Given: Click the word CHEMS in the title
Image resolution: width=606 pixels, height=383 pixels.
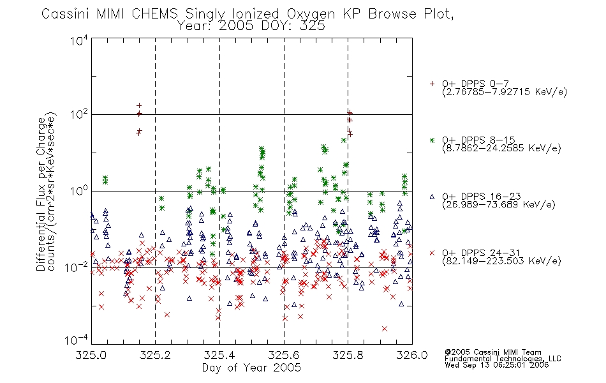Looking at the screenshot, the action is (x=154, y=13).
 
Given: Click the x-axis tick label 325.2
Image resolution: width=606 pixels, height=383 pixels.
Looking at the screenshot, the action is (x=156, y=355).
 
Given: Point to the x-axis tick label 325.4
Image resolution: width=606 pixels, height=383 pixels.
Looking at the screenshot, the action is (x=220, y=355).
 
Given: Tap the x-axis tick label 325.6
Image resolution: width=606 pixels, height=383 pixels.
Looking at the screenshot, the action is (x=284, y=355).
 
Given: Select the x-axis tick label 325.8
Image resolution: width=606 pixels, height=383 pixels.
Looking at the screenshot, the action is (x=348, y=355).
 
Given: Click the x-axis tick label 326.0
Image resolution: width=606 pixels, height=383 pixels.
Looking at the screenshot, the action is (x=412, y=355).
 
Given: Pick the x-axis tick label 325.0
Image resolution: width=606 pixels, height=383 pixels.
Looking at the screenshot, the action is (x=91, y=355).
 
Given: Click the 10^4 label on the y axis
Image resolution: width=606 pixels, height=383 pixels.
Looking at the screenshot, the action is (x=79, y=40).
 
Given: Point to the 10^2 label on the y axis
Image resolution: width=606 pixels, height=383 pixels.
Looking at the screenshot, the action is (x=79, y=115).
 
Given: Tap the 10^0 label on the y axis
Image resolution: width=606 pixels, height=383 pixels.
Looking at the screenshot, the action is (x=79, y=191).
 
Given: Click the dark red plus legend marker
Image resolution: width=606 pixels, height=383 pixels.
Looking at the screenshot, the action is (x=432, y=84).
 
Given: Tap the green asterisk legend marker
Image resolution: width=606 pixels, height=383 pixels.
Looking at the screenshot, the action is (x=432, y=140).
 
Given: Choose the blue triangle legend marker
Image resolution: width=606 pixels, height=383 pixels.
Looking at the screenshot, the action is (x=432, y=197).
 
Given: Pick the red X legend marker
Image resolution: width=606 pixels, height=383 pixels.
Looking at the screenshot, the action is (x=432, y=253).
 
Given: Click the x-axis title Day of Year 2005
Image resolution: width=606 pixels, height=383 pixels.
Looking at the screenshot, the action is (x=251, y=368).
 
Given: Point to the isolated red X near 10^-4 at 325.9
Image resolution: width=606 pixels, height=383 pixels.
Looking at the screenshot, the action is (x=385, y=329).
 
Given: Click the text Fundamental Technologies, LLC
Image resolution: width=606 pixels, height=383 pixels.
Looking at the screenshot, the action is (x=503, y=359).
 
